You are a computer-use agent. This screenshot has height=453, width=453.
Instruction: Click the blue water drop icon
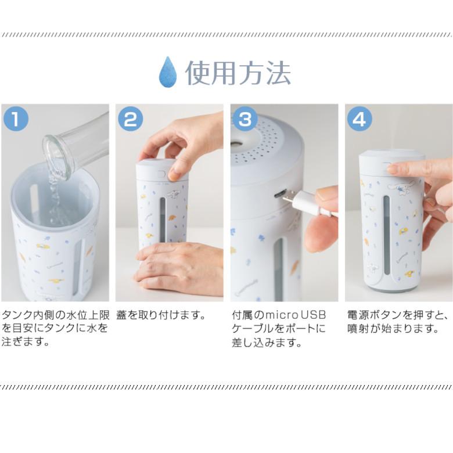[x=168, y=71]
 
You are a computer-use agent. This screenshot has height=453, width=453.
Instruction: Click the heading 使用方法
[x=238, y=73]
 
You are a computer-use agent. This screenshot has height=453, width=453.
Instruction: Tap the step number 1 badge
[x=16, y=118]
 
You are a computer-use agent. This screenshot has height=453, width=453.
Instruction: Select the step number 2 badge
[x=130, y=118]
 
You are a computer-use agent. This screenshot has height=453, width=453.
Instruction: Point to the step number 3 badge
[x=245, y=118]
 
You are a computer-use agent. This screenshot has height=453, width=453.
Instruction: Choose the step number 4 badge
[x=359, y=118]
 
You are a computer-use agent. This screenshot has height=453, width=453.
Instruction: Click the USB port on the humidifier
[x=280, y=194]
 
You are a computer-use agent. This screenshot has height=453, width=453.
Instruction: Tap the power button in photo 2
[x=161, y=174]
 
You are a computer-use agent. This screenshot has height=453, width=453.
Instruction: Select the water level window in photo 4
[x=387, y=235]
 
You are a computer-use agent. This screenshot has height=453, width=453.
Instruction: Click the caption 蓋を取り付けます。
[x=161, y=315]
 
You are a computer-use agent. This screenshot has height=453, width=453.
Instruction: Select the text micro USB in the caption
[x=295, y=315]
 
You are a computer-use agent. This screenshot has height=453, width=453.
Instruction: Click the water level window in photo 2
[x=163, y=219]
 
